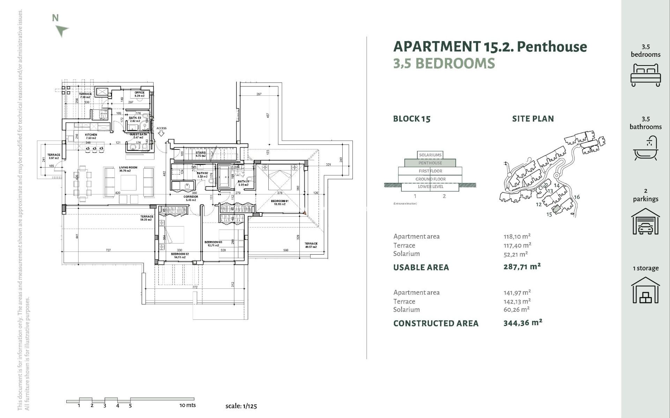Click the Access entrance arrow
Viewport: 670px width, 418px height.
[x=161, y=133]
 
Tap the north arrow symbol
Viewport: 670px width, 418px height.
[x=62, y=30]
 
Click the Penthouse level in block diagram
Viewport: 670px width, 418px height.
[x=430, y=163]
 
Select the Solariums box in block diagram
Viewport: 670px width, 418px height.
[x=430, y=155]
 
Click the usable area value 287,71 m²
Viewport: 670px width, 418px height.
[x=522, y=267]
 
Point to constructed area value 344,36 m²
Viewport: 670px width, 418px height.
[x=522, y=323]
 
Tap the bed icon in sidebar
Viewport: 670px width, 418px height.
[x=645, y=75]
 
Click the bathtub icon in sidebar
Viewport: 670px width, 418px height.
[x=645, y=148]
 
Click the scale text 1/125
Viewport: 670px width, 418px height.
[x=241, y=406]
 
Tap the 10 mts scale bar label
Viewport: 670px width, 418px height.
[x=187, y=405]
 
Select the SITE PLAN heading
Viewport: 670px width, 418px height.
[x=533, y=119]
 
